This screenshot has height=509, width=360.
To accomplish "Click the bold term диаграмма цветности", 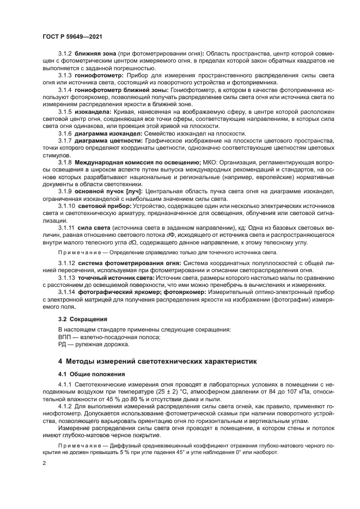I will tap(108, 140).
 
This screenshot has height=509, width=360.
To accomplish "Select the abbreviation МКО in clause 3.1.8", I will tap(209, 163).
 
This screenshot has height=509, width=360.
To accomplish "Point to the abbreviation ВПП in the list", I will tap(65, 337).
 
